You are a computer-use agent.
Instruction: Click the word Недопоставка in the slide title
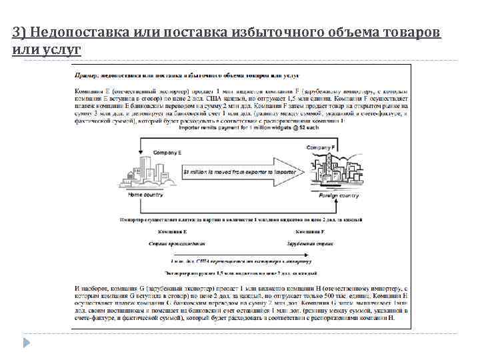coord(73,33)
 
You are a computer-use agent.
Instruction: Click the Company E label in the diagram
coord(167,153)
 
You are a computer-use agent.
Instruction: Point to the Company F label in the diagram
coord(321,147)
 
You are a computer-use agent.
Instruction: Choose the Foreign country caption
coord(339,195)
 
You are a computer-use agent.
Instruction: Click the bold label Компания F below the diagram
coord(313,231)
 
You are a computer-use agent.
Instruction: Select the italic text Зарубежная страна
coord(313,243)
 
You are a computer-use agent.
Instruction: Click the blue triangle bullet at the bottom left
coord(27,342)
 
